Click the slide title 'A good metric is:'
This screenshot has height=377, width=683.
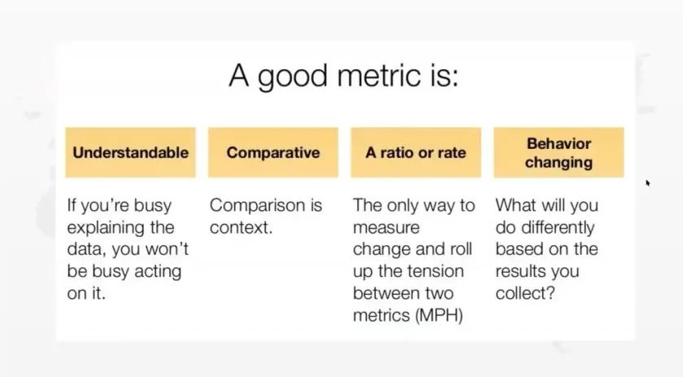pos(343,77)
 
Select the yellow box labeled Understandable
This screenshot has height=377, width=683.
pos(131,152)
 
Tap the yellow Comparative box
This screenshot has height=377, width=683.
pos(273,152)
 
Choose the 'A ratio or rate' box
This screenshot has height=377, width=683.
pos(416,152)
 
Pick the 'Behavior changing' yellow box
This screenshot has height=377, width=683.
pos(559,152)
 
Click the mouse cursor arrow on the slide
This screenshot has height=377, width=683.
pos(648,183)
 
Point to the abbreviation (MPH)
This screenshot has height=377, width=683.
pos(438,315)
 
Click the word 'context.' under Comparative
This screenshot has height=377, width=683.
pos(241,227)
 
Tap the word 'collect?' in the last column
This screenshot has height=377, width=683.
pos(525,293)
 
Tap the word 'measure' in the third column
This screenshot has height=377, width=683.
pos(386,228)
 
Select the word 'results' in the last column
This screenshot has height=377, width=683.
pos(517,271)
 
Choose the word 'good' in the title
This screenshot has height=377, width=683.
pos(292,77)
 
